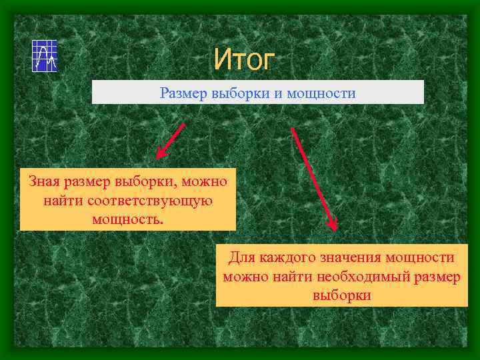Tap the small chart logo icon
point(45,56)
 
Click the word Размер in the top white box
point(181,93)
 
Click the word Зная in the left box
point(44,181)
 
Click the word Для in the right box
point(243,257)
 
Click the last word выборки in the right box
point(341,295)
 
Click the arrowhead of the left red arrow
point(160,155)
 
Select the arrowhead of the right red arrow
point(333,225)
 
